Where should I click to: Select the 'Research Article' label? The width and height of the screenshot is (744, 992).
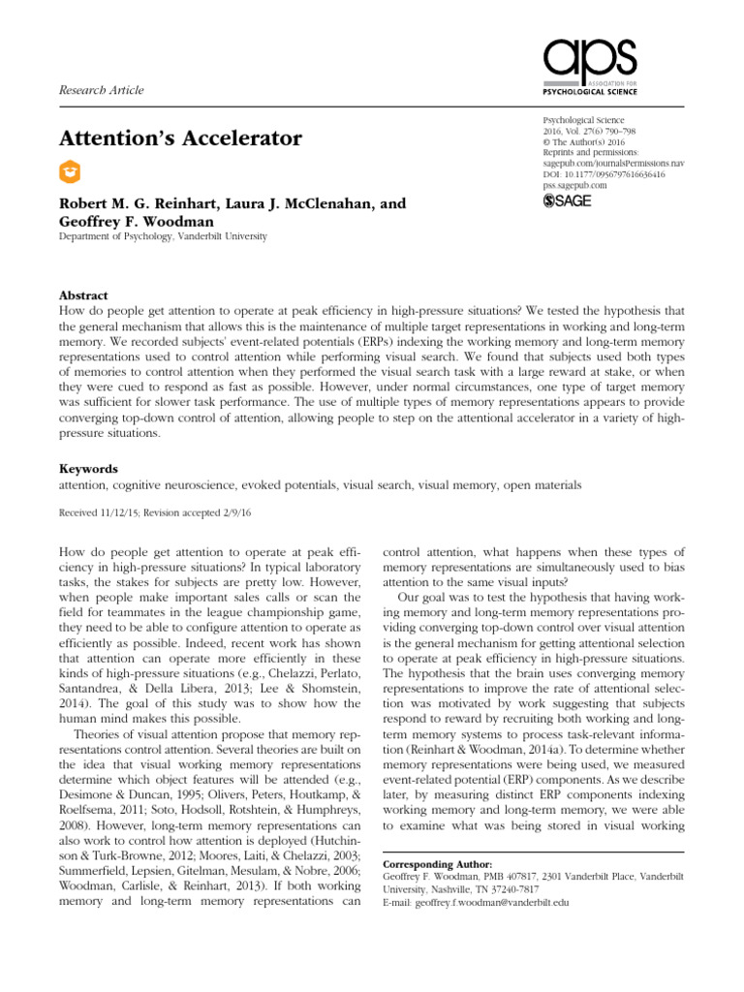[102, 90]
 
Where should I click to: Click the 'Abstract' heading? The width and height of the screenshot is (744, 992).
[84, 295]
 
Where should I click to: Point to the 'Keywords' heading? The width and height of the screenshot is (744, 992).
[89, 467]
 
